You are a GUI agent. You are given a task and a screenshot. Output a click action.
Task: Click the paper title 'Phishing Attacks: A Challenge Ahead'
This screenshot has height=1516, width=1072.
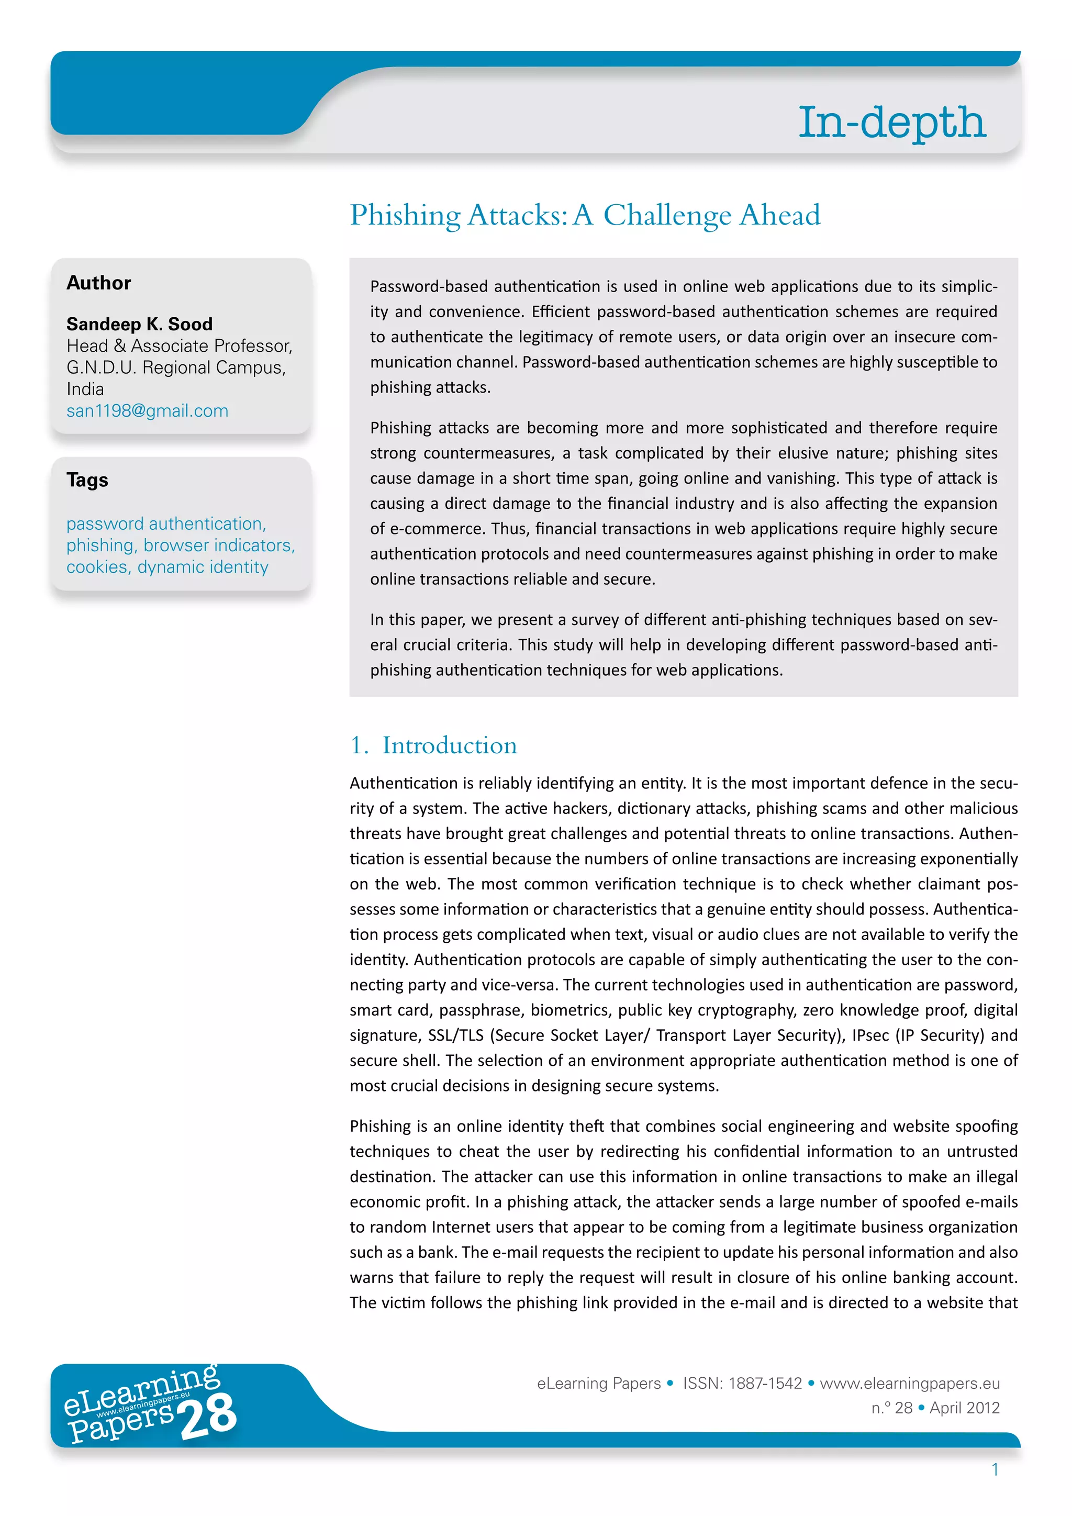(x=585, y=215)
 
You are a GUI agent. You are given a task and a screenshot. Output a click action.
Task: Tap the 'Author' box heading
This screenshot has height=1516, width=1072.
(x=99, y=283)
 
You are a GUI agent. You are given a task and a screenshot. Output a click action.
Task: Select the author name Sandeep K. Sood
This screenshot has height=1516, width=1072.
(x=139, y=324)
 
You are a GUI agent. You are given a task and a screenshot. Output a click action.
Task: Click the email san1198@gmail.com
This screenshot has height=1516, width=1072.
(x=147, y=411)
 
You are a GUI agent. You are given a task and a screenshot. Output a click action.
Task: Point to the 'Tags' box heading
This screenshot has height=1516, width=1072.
(x=87, y=480)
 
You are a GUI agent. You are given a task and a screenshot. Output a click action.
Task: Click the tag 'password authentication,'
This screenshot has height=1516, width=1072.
(x=166, y=523)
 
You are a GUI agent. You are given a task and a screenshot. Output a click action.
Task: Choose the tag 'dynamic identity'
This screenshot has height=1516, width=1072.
(x=203, y=567)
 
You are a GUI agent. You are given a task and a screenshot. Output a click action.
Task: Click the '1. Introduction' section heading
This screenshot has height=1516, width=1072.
(x=434, y=745)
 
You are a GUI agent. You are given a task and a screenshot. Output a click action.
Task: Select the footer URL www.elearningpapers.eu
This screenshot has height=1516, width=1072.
(x=910, y=1383)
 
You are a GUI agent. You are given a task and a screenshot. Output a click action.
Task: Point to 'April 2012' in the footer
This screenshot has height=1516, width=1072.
(x=964, y=1408)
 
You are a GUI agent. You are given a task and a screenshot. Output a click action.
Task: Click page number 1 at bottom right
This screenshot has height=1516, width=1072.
(x=995, y=1470)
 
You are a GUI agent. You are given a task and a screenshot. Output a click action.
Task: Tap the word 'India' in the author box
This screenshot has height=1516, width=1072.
(x=85, y=389)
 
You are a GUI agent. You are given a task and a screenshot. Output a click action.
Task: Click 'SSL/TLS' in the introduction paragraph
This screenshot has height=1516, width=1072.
(x=455, y=1035)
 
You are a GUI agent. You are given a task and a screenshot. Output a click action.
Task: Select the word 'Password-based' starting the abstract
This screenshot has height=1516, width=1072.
(x=429, y=286)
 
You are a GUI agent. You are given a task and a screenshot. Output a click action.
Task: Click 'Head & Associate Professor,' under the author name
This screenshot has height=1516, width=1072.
(x=179, y=346)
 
